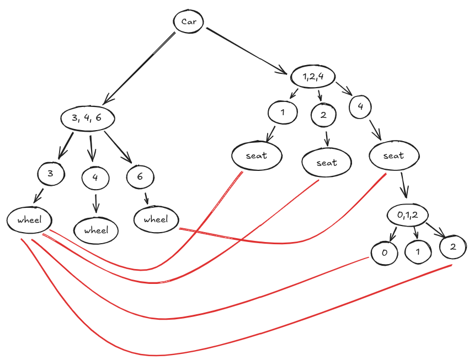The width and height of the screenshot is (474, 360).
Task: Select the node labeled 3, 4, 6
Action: click(x=88, y=117)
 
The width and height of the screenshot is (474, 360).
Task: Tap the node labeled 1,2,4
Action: click(x=312, y=77)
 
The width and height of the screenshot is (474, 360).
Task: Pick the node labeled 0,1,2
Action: click(x=409, y=216)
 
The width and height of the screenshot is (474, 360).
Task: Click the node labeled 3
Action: click(x=51, y=174)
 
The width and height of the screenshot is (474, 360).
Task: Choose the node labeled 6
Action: click(x=140, y=176)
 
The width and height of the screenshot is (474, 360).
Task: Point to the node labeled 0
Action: click(x=385, y=253)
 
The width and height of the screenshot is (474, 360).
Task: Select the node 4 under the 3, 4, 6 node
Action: click(x=95, y=178)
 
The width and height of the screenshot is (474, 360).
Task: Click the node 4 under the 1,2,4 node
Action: click(x=360, y=107)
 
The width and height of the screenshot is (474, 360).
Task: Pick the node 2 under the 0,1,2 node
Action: click(x=453, y=247)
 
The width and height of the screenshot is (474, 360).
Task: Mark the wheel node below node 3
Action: click(x=29, y=220)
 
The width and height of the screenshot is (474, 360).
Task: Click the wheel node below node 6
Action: click(x=156, y=219)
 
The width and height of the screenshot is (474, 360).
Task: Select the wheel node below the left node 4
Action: click(x=96, y=230)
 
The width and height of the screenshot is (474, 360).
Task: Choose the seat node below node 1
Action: click(x=257, y=155)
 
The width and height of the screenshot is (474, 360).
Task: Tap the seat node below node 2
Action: click(x=327, y=163)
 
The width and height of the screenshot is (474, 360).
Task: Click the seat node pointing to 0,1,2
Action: click(x=393, y=155)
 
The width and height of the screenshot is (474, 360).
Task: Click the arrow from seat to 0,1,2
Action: click(x=404, y=184)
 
